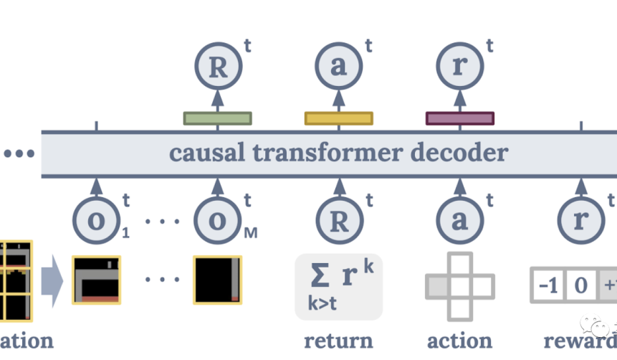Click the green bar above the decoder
pos(218,118)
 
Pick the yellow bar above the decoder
pos(339,118)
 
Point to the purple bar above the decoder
pos(460,118)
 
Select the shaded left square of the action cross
pos(436,287)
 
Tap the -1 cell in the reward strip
pos(548,286)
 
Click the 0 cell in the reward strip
pos(580,286)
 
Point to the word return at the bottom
pos(338,339)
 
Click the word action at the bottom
pos(459,339)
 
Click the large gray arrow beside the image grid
pos(52,280)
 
